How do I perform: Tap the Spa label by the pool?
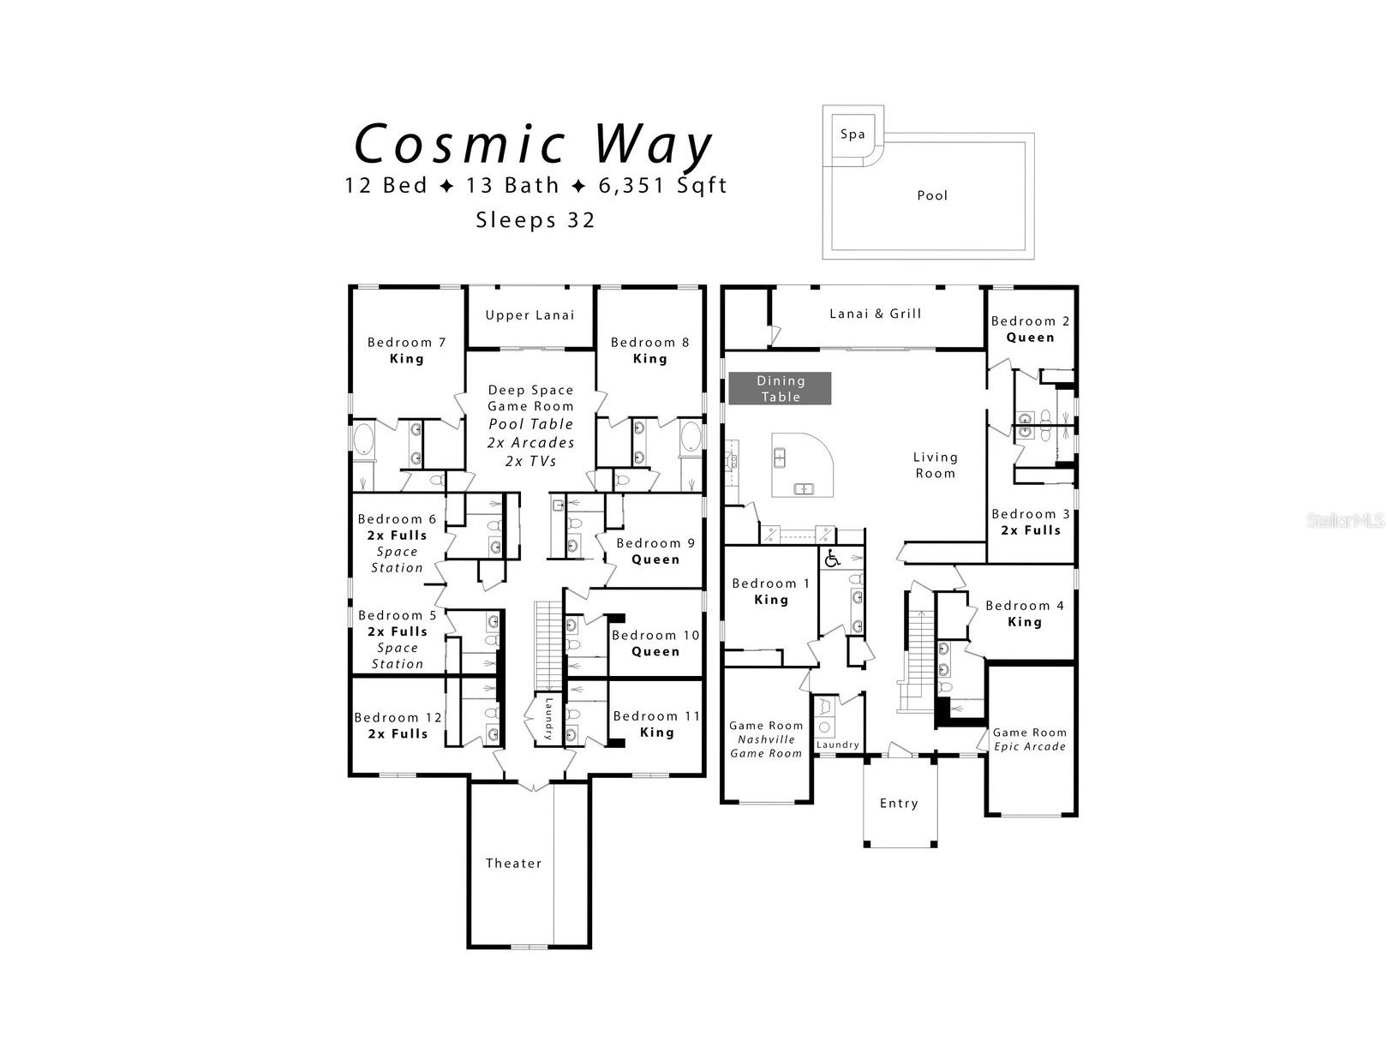point(852,134)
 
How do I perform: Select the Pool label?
point(932,195)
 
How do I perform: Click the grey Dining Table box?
point(780,388)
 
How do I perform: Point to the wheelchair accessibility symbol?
point(832,558)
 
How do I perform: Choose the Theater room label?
point(513,863)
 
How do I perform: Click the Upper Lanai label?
point(529,314)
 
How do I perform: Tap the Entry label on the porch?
point(899,804)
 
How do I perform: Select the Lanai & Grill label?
point(875,314)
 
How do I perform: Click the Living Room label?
point(936,465)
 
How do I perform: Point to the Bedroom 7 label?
point(407,343)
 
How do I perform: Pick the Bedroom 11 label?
point(656,716)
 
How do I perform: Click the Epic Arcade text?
point(1030,746)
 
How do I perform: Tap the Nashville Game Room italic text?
point(766,746)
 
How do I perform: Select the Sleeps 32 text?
point(535,220)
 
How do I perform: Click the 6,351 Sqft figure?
point(662,186)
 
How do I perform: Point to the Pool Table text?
point(530,424)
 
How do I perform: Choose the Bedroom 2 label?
point(1030,321)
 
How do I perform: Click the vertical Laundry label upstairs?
point(549,718)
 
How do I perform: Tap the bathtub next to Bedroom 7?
point(363,440)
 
